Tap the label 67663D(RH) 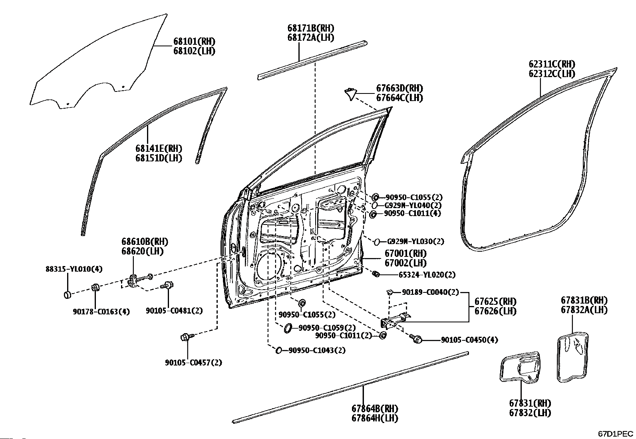399,88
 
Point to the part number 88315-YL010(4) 73,269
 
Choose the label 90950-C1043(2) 317,350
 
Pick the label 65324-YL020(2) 427,275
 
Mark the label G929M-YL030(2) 415,242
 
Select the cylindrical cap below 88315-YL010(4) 68,295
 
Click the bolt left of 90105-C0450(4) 417,339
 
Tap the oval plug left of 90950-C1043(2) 279,350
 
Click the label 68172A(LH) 310,38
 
